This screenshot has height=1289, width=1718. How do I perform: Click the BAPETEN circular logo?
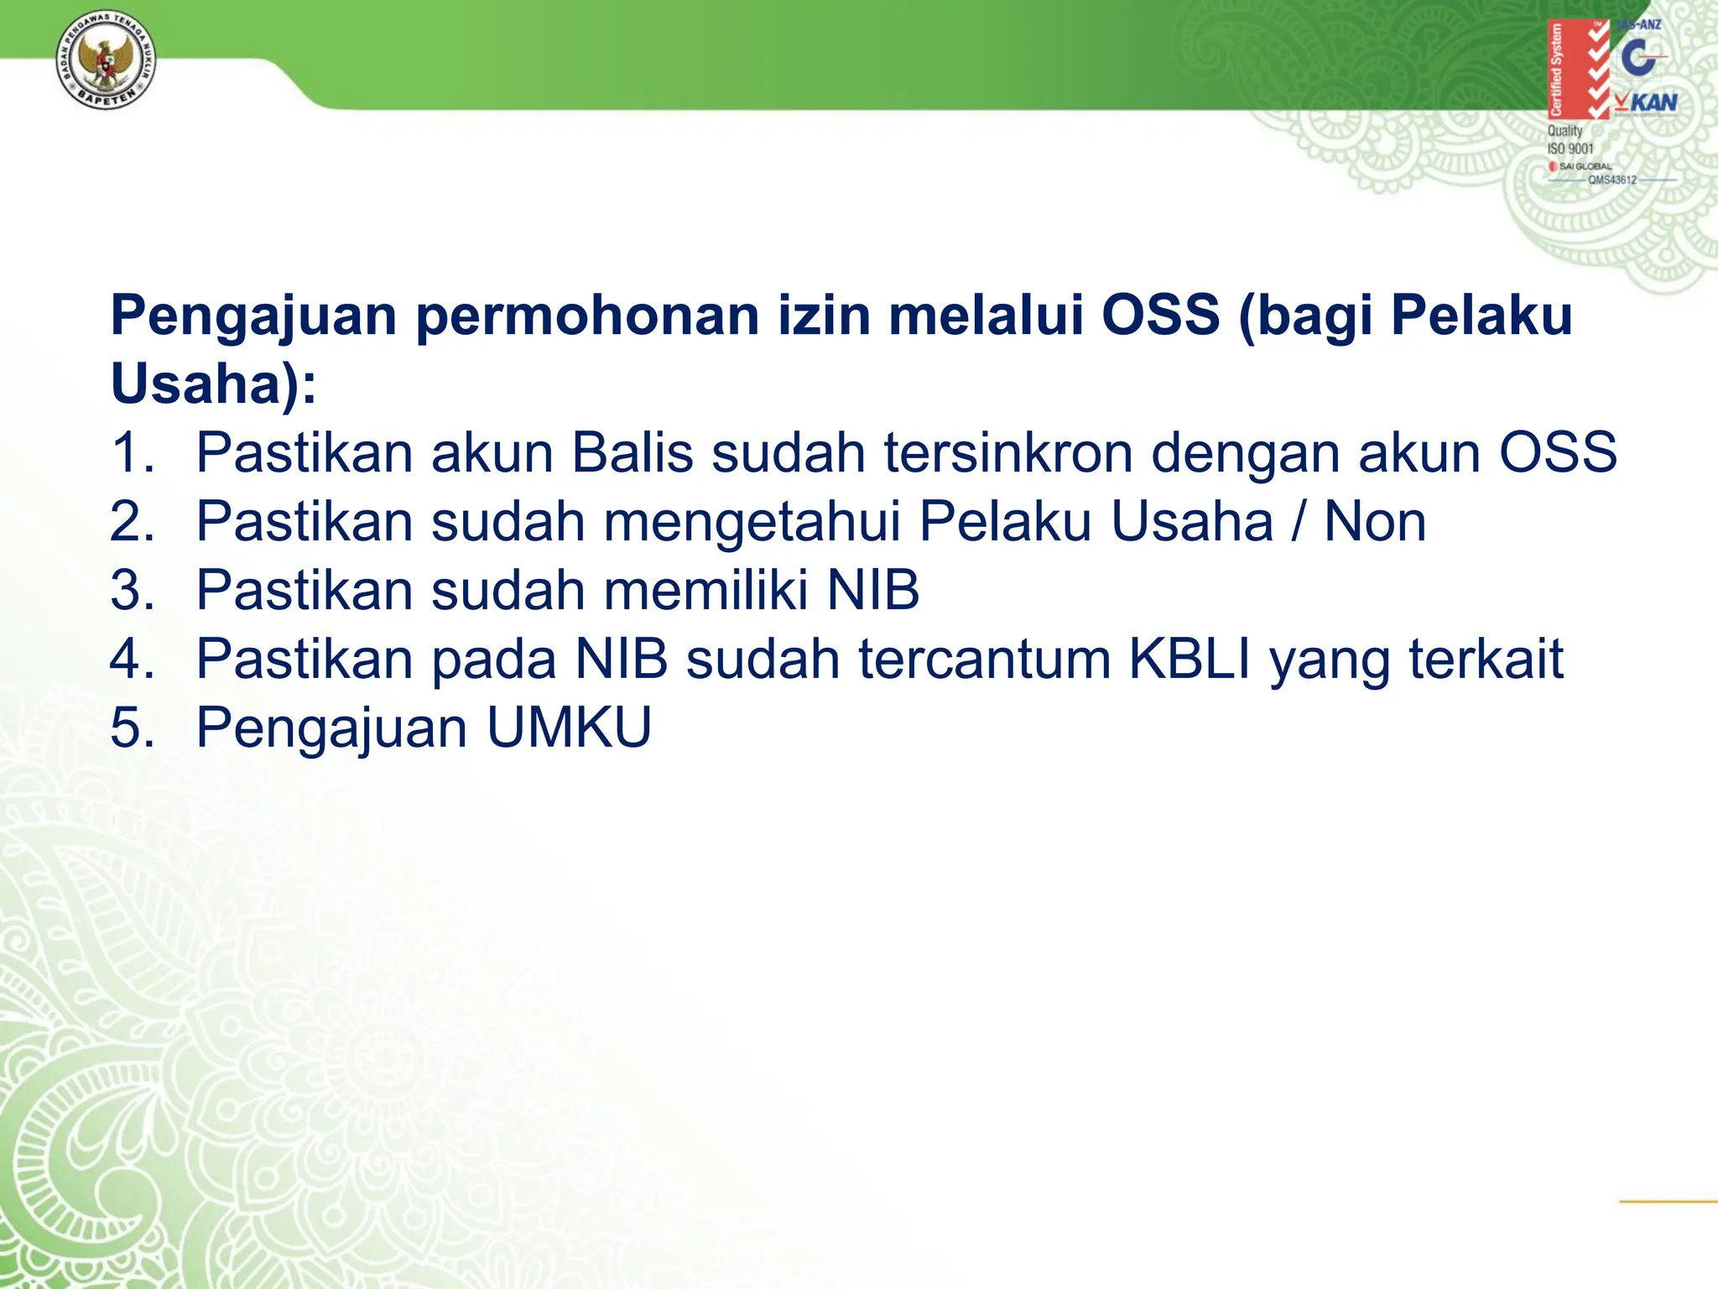pos(106,64)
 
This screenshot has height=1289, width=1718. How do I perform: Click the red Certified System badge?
pos(1577,69)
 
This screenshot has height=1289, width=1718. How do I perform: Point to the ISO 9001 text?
pos(1570,149)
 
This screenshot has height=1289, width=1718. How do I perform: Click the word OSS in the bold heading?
pos(1160,316)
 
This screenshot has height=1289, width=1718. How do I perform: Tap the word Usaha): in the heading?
pos(214,384)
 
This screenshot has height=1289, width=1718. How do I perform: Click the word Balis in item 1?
pos(633,453)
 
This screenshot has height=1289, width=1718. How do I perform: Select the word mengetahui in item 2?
pos(752,522)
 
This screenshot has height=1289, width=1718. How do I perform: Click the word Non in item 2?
pos(1375,522)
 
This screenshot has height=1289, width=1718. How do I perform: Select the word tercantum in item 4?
pos(985,659)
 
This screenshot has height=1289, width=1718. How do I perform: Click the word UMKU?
pos(569,728)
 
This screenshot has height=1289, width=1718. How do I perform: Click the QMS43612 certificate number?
pos(1611,180)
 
